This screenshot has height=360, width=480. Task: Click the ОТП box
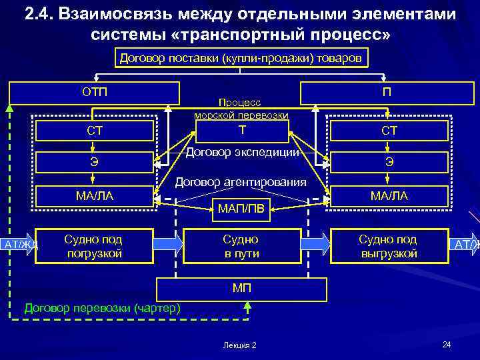click(94, 92)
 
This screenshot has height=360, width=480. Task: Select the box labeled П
click(387, 92)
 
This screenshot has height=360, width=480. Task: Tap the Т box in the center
click(241, 129)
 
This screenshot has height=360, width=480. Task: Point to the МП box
click(241, 288)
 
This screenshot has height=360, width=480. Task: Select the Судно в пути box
click(241, 246)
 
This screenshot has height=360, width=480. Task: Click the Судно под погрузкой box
click(93, 246)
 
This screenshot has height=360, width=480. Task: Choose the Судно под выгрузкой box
click(388, 246)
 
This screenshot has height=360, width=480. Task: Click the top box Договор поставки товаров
click(241, 59)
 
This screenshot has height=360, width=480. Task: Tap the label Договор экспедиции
click(241, 153)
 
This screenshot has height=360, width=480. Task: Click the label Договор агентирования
click(241, 182)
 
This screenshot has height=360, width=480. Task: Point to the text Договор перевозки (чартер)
click(101, 308)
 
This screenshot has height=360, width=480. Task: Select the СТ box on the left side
click(94, 131)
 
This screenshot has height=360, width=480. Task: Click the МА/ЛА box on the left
click(94, 195)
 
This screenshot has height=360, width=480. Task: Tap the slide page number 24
click(447, 344)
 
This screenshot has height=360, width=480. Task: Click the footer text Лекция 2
click(241, 345)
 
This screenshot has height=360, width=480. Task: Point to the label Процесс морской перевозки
click(241, 109)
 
